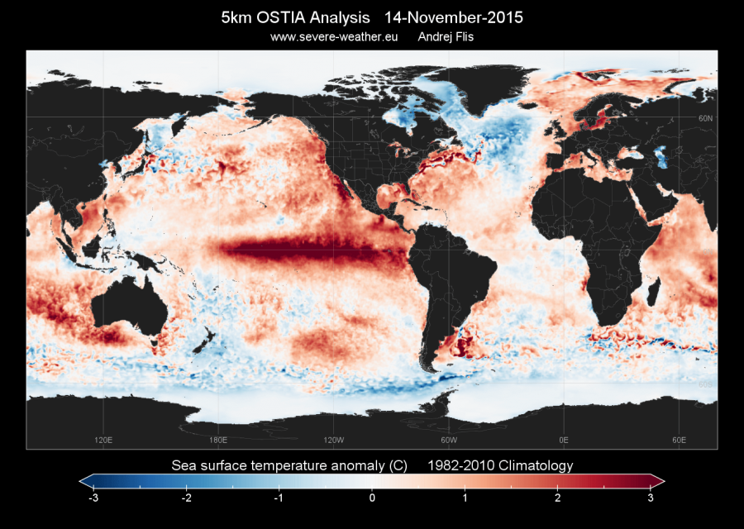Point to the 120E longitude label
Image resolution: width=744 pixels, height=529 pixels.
(x=104, y=440)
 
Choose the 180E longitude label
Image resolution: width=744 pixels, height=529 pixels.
(x=218, y=440)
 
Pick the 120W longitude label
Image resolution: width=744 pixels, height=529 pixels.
(x=334, y=440)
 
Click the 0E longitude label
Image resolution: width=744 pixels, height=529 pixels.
(x=564, y=440)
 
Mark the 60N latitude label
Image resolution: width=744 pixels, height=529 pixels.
(x=705, y=119)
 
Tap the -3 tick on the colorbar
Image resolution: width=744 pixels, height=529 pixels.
(x=93, y=498)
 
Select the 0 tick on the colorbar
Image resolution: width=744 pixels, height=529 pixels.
(x=372, y=498)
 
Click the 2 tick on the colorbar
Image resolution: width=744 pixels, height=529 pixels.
(x=558, y=498)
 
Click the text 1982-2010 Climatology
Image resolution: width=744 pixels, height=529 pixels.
(x=500, y=465)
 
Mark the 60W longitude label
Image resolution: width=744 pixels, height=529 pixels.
(x=449, y=440)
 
